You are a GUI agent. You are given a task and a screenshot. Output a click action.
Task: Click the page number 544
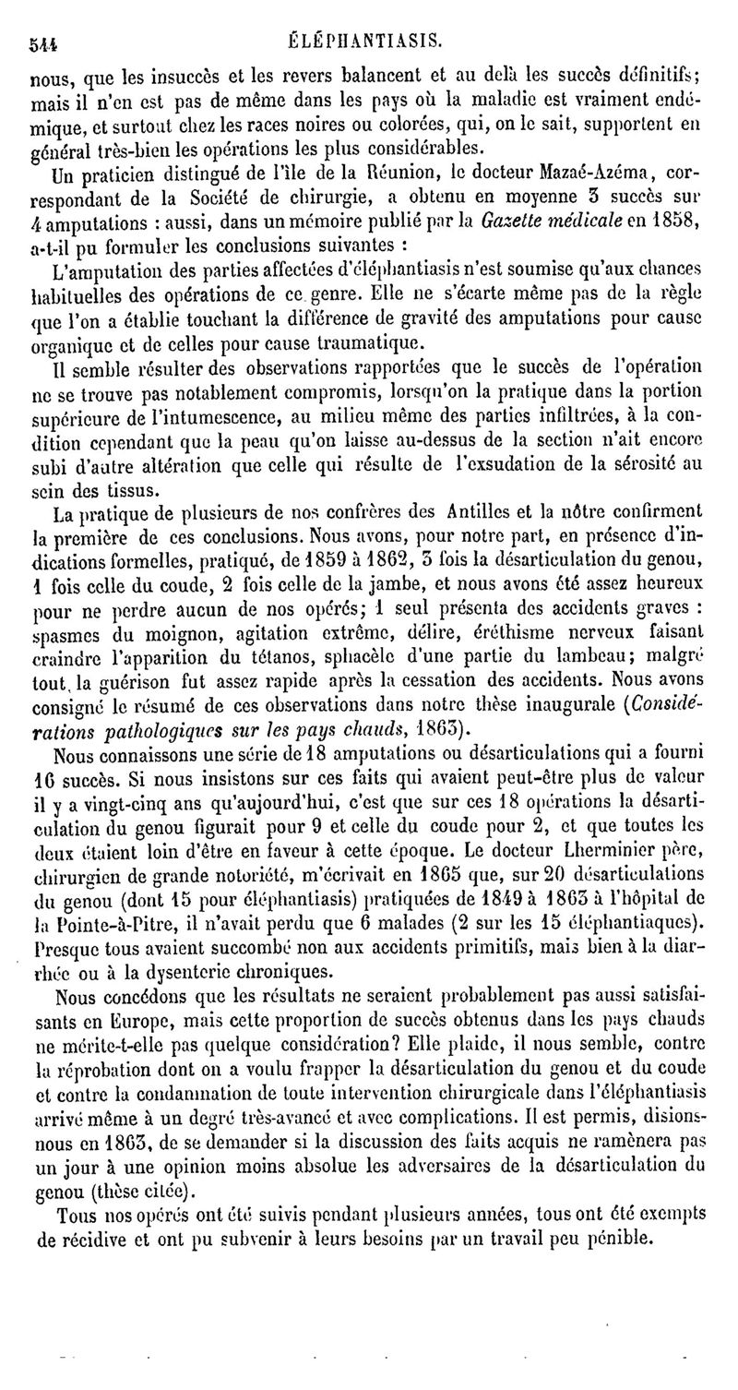click(43, 42)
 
